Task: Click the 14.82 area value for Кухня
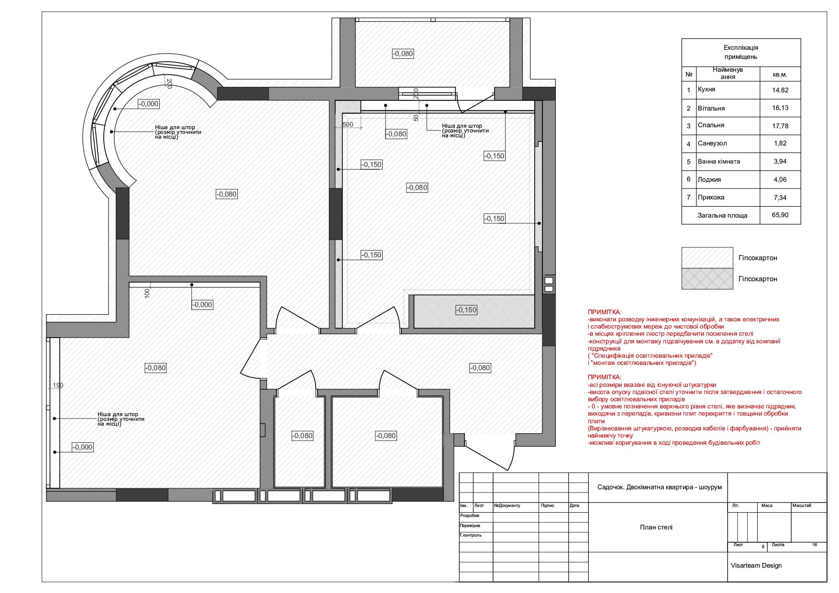(x=780, y=90)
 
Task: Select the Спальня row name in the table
(x=711, y=125)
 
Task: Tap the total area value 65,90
(x=780, y=215)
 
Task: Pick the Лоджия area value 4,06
(x=780, y=179)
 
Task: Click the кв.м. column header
(x=780, y=75)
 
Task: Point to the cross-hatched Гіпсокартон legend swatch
(x=707, y=279)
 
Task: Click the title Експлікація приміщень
(x=741, y=52)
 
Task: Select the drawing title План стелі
(x=656, y=527)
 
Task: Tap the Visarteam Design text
(x=756, y=566)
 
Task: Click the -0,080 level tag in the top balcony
(x=403, y=54)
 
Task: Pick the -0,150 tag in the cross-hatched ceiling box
(x=466, y=310)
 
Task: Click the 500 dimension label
(x=348, y=125)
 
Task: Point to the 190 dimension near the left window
(x=58, y=385)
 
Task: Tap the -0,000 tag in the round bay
(x=148, y=104)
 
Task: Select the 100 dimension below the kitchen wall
(x=147, y=293)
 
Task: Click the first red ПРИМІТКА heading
(x=605, y=311)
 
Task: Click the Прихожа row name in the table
(x=711, y=198)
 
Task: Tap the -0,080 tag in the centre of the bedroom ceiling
(x=417, y=187)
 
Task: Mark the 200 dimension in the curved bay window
(x=169, y=83)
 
